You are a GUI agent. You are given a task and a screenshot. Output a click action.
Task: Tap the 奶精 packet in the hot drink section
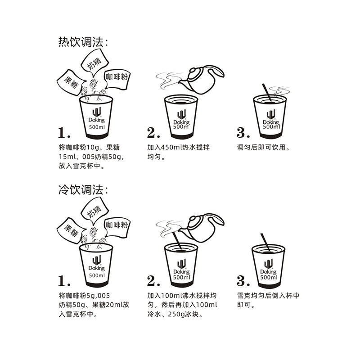94,63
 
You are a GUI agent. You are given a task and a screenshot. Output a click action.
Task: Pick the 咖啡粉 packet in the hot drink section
117,77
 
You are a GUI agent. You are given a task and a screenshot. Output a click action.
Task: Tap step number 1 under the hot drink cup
64,132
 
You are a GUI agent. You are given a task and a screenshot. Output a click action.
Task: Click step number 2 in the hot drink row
153,132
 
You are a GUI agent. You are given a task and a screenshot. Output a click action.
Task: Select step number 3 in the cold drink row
243,281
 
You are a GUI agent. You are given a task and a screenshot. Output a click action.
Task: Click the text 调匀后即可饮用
263,147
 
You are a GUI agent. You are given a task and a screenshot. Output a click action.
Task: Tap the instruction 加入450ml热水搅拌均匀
178,152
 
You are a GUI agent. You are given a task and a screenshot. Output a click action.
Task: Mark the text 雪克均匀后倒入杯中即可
268,300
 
